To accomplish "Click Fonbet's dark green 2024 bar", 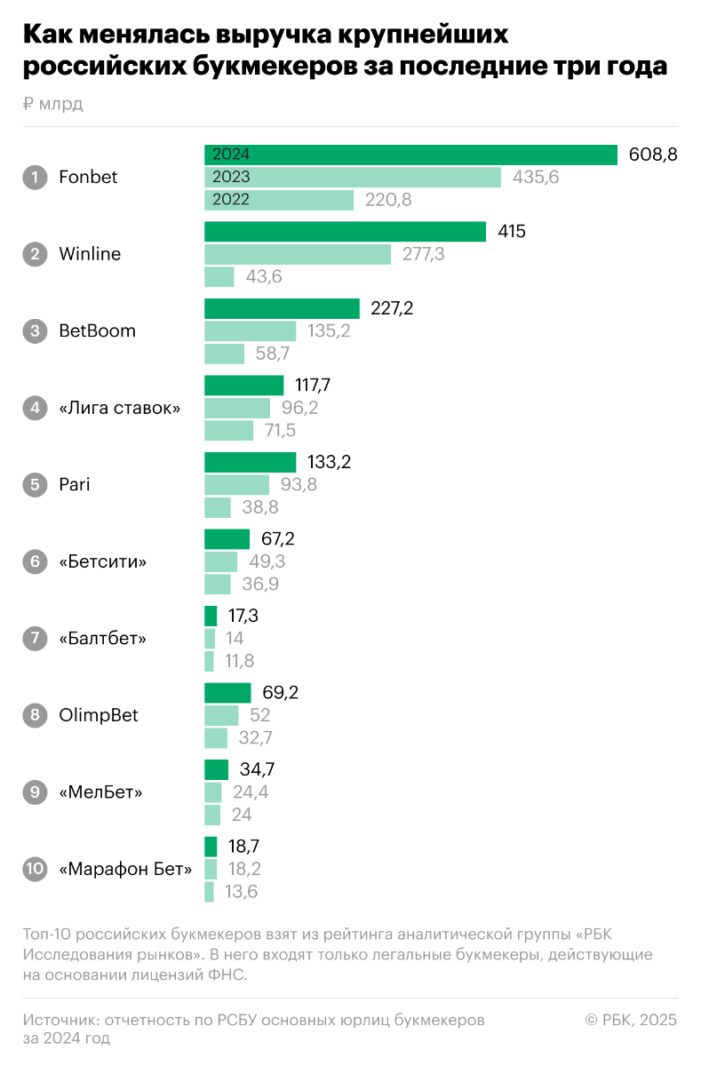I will coord(410,155).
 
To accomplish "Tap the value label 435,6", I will coord(536,177).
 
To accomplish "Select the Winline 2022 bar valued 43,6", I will coord(219,277).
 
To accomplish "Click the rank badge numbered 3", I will coord(35,331).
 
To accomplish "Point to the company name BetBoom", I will coord(98,331).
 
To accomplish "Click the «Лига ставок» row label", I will coord(119,409).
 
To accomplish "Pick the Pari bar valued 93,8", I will coord(236,485).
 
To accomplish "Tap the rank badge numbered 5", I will coord(35,485).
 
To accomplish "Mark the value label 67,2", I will coord(278,539).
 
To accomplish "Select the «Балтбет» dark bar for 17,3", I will coord(211,616).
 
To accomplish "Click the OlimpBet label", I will coord(99,715).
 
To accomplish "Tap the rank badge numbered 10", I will coord(35,869).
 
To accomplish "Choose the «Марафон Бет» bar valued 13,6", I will coord(209,892).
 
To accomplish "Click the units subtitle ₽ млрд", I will coord(53,104).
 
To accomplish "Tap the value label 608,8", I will coord(653,155).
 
